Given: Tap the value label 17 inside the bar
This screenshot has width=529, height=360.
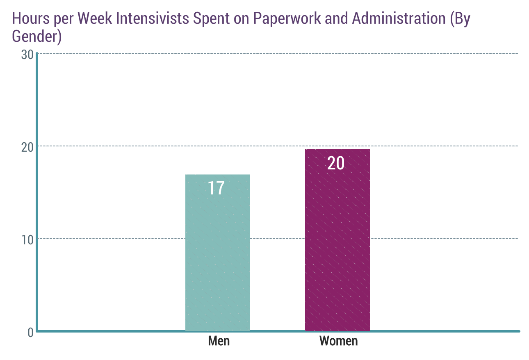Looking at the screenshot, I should point(216,188).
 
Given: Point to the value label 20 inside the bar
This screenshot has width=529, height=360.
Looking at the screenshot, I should point(336,163).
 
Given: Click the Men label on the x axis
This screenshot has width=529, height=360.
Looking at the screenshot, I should point(219,341).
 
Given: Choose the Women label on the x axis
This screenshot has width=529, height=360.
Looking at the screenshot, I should point(338,341).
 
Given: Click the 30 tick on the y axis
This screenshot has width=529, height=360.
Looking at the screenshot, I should point(27,55).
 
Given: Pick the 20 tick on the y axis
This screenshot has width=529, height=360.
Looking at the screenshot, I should point(27,147).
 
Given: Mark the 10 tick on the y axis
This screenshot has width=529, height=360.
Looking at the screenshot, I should point(27,239).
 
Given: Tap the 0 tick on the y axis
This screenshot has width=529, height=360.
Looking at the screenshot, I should point(30,332).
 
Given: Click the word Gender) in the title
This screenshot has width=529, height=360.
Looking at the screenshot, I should point(36,36).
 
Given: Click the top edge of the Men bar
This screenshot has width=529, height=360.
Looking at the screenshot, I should point(218,175).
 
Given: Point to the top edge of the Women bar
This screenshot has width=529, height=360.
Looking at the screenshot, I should point(337,150).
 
